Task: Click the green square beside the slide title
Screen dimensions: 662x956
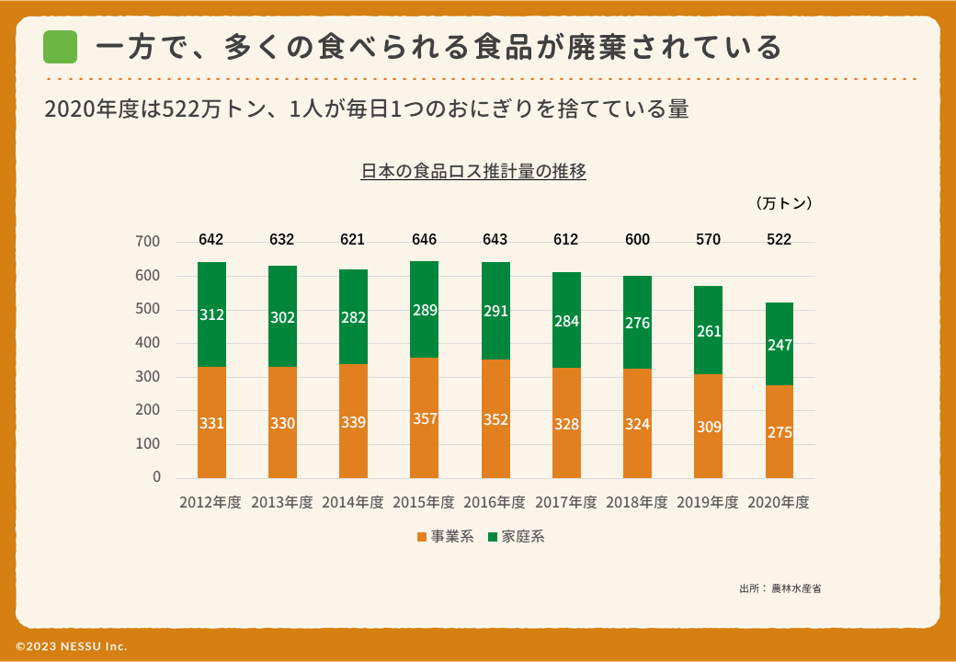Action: click(x=60, y=47)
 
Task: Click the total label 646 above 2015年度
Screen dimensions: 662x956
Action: click(x=424, y=240)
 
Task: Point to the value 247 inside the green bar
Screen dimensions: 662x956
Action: click(x=780, y=345)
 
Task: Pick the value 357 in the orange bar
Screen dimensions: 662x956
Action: click(x=424, y=419)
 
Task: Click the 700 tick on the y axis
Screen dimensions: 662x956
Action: click(x=148, y=242)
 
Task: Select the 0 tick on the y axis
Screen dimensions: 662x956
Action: click(x=156, y=477)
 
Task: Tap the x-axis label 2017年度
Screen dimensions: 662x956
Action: click(x=565, y=503)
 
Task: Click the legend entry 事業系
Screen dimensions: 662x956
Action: click(x=446, y=536)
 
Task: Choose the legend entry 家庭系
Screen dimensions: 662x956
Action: click(x=517, y=536)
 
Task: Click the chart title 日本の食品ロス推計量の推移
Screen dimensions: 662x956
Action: click(x=473, y=171)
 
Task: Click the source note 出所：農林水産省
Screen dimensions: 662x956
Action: click(x=780, y=588)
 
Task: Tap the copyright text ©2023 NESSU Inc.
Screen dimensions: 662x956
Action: click(x=72, y=646)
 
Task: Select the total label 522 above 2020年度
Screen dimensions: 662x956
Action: click(x=779, y=240)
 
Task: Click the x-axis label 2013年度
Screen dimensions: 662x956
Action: click(x=282, y=503)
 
